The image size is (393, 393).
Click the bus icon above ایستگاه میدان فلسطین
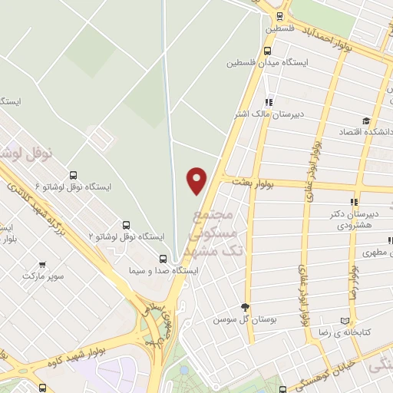click(x=266, y=50)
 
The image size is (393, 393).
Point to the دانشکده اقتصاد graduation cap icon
click(x=367, y=121)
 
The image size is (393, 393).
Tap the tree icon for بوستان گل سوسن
click(x=246, y=305)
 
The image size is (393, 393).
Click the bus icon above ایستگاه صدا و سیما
click(x=162, y=259)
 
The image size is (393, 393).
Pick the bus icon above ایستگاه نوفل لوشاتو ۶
click(x=73, y=175)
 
